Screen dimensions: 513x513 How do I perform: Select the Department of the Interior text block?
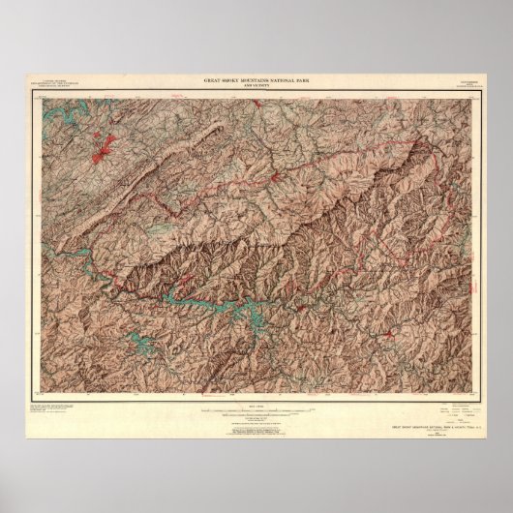(55, 89)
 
